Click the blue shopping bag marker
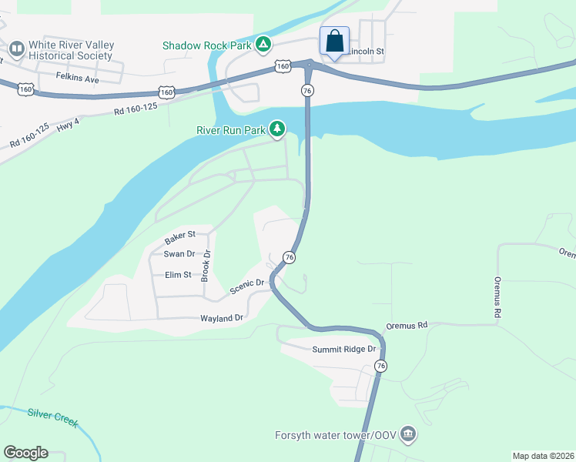pos(335,41)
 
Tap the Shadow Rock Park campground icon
pos(263,45)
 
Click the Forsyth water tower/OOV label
pos(336,435)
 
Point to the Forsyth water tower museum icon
pos(408,435)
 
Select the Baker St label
pos(180,233)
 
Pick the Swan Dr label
pos(179,253)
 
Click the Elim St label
pos(178,274)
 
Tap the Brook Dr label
pos(206,266)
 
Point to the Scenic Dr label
pos(247,290)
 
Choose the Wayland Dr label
pos(222,317)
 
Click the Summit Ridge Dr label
pos(344,349)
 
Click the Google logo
pos(25,453)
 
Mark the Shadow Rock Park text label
pos(206,45)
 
